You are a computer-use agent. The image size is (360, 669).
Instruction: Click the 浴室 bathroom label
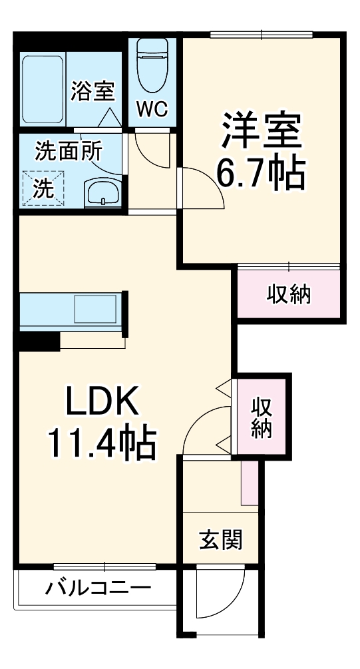coord(92,91)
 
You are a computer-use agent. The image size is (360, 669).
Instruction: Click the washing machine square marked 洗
coord(45,188)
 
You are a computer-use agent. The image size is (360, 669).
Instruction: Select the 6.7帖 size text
coord(261,173)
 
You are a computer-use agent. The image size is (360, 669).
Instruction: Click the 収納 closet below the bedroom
coord(289,294)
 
